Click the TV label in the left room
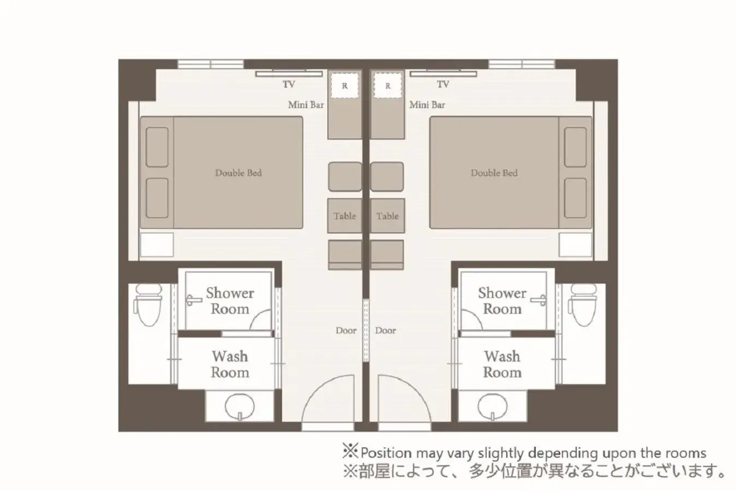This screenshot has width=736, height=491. (289, 85)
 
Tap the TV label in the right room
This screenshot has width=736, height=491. (443, 85)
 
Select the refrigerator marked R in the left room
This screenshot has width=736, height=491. (344, 86)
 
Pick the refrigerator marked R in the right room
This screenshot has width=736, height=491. (387, 86)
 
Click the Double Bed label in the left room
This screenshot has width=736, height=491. (238, 173)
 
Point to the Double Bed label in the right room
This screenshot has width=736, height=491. (494, 173)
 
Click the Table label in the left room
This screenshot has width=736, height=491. (344, 216)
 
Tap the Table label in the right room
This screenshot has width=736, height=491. (387, 216)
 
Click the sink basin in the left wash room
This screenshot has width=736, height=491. (240, 406)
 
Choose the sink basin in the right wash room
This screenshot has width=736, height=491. (492, 406)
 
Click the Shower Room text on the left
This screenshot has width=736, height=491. (230, 301)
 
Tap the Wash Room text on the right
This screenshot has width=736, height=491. (502, 364)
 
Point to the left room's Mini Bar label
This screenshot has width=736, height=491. (306, 105)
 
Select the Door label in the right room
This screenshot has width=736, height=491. (385, 331)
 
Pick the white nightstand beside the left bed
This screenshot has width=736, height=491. (157, 245)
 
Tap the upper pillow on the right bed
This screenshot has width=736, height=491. (575, 147)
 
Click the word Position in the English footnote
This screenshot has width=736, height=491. (386, 453)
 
